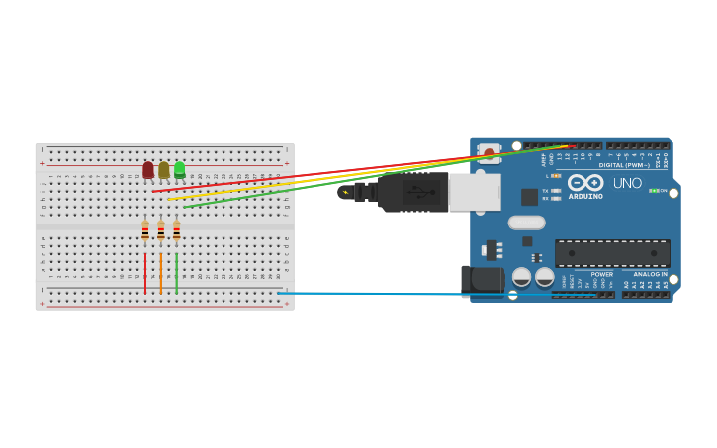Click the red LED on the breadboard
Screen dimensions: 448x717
[148, 170]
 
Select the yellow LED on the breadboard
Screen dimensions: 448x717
[164, 170]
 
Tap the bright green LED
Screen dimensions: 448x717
[179, 169]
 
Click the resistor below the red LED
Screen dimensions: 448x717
[145, 231]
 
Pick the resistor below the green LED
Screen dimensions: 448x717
[177, 231]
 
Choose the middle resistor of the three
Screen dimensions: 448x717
[161, 231]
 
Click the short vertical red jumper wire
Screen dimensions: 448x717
[145, 273]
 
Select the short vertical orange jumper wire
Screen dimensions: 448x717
[161, 273]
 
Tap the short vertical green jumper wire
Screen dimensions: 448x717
[177, 273]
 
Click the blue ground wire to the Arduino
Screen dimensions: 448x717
[396, 294]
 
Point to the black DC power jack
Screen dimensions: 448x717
[483, 280]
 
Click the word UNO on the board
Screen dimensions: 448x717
[627, 183]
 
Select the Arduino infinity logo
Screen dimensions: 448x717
[585, 182]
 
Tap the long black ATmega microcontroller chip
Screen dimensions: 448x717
[611, 253]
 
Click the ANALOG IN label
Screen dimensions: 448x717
[650, 274]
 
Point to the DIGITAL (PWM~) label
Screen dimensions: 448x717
[624, 165]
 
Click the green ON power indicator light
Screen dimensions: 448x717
[653, 191]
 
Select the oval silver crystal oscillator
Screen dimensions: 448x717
[527, 223]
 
